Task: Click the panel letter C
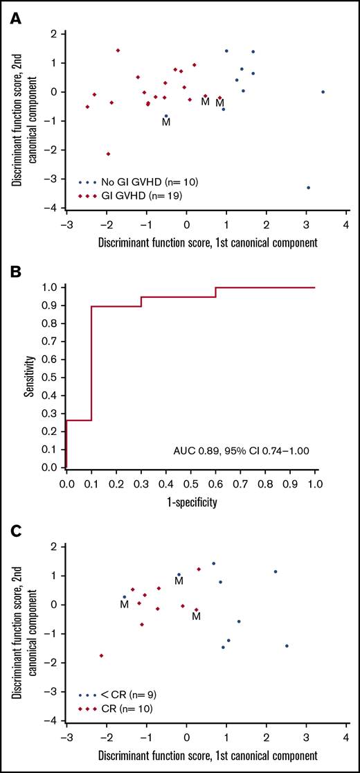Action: coord(15,533)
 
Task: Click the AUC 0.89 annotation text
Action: coord(241,450)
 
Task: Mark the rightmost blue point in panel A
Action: coord(323,92)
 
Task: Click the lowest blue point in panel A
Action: coord(308,188)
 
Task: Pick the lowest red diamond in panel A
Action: coord(108,154)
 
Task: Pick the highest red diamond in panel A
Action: coord(118,51)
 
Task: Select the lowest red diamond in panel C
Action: coord(102,655)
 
